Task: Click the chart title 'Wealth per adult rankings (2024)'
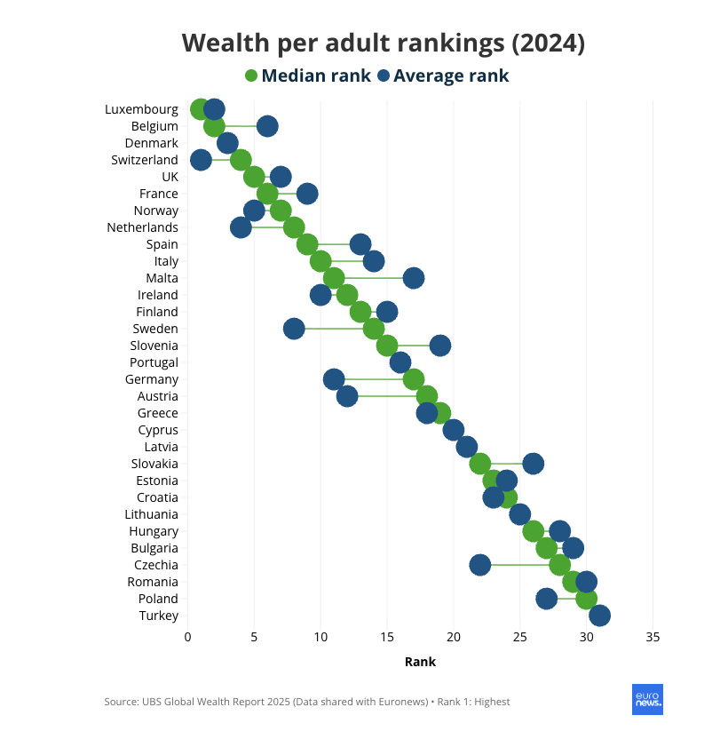[x=383, y=43]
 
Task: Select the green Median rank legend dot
[x=251, y=75]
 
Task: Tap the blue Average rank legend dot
[x=384, y=75]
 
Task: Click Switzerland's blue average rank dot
[x=201, y=160]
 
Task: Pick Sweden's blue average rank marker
[x=294, y=329]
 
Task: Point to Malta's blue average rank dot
[x=413, y=278]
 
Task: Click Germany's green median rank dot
[x=413, y=379]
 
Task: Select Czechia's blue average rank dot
[x=480, y=565]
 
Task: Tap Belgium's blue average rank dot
[x=267, y=126]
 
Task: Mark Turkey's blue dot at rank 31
[x=599, y=616]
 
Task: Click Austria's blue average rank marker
[x=347, y=396]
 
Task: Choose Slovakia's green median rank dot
[x=480, y=464]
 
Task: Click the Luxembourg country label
[x=141, y=109]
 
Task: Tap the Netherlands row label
[x=142, y=227]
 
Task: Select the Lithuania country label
[x=152, y=514]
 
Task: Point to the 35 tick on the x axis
[x=653, y=637]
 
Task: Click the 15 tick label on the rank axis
[x=387, y=637]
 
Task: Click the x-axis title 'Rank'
[x=420, y=662]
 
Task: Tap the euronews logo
[x=647, y=700]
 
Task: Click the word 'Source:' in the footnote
[x=120, y=702]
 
